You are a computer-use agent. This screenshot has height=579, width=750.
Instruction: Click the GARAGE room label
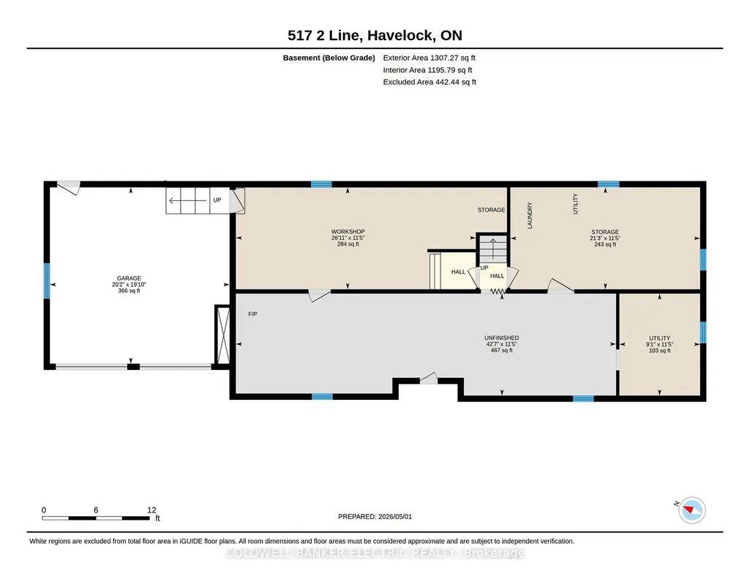coord(129,278)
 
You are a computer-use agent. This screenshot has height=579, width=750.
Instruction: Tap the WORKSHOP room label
coord(348,232)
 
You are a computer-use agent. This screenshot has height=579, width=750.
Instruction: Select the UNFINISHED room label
coord(501,338)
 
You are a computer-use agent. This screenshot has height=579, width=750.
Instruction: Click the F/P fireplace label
coord(252,314)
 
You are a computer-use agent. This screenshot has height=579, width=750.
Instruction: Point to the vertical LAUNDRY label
coord(530,216)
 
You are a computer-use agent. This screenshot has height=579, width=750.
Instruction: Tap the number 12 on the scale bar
coord(151,510)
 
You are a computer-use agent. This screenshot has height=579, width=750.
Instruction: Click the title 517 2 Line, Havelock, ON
coord(375,35)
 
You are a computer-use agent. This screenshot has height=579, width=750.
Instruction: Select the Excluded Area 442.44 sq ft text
coord(430,82)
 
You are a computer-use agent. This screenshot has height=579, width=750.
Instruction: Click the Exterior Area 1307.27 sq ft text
coord(429,58)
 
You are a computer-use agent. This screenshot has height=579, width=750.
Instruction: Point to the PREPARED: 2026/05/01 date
coord(375,516)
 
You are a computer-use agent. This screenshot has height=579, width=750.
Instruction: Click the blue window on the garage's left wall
coord(47,281)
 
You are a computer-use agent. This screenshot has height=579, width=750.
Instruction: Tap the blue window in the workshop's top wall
coord(321,184)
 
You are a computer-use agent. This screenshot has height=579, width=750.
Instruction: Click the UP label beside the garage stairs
coord(217,200)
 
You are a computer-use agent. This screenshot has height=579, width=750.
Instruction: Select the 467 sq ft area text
coord(501,350)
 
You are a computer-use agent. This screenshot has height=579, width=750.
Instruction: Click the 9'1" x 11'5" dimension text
coord(659,344)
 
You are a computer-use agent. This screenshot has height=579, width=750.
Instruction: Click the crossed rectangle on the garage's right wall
coord(222,336)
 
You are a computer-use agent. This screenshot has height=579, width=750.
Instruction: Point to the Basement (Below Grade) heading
coord(329,58)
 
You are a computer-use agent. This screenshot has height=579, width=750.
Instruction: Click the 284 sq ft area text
coord(348,244)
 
